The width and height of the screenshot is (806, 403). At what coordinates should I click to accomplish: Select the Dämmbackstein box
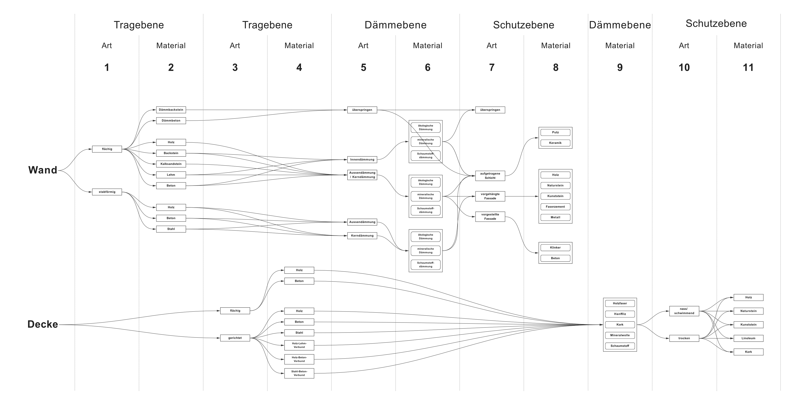[x=171, y=110]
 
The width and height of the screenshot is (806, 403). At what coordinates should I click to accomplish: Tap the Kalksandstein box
[x=171, y=164]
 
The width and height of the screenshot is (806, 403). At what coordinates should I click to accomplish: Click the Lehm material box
[x=171, y=175]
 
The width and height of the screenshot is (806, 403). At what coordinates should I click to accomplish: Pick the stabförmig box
[x=107, y=192]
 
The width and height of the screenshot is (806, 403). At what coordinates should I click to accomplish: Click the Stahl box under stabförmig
[x=171, y=229]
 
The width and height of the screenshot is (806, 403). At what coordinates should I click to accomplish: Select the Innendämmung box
[x=362, y=160]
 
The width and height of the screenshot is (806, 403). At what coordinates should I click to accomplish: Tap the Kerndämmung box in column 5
[x=362, y=236]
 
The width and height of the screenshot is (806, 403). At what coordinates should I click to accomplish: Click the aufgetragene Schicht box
[x=490, y=176]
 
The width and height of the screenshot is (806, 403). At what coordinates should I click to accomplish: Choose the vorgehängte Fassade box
[x=490, y=196]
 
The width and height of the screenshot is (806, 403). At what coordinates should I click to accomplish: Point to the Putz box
[x=555, y=132]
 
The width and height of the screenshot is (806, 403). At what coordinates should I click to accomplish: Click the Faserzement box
[x=555, y=207]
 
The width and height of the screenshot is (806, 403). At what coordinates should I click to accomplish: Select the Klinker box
[x=555, y=248]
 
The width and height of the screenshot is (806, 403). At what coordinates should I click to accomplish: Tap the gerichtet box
[x=235, y=338]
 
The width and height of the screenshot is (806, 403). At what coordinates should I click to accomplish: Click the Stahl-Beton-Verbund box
[x=299, y=373]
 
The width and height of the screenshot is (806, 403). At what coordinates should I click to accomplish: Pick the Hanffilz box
[x=620, y=314]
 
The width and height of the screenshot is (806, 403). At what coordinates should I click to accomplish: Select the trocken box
[x=684, y=338]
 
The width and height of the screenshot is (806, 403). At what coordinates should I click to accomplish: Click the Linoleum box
[x=748, y=338]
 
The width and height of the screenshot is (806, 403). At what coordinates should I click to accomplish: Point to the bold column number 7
[x=492, y=67]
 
